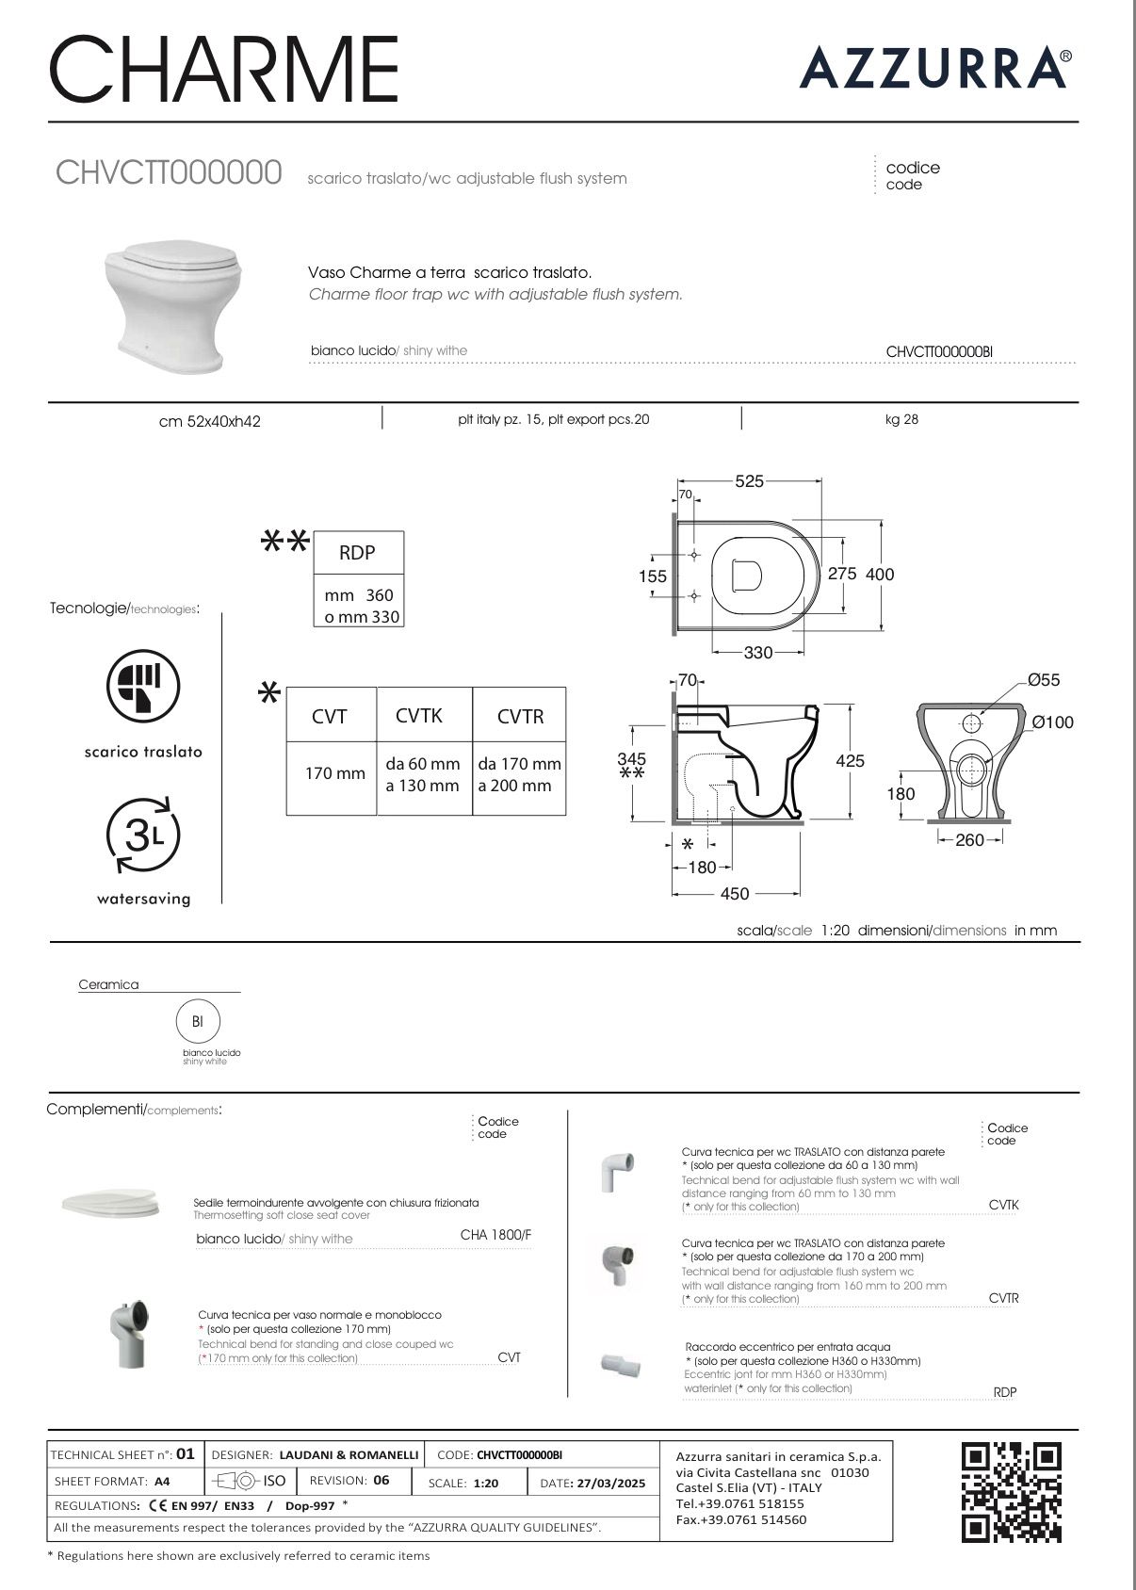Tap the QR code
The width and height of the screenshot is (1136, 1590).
pos(1011,1492)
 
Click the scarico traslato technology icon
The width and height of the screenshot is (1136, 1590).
pos(142,685)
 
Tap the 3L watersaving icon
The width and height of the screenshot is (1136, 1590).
pos(142,835)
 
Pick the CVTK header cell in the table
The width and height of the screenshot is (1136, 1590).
pos(419,716)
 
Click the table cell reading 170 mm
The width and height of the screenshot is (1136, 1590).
pos(334,773)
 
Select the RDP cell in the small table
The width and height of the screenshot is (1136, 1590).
pos(357,553)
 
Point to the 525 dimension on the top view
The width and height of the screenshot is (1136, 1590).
pos(749,481)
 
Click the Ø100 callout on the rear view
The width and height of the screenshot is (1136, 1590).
pos(1052,722)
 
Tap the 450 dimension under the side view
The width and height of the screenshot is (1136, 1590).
pos(735,894)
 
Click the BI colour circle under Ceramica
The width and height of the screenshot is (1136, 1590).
pos(198,1021)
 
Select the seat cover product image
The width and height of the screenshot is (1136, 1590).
pos(110,1202)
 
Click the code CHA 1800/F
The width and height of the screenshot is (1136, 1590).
pos(495,1235)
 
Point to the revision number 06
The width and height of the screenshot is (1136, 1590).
pos(381,1480)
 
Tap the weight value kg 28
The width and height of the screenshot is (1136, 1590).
pos(901,419)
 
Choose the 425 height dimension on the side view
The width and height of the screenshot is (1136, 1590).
pos(850,760)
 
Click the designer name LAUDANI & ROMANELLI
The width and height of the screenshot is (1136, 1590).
pos(349,1455)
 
